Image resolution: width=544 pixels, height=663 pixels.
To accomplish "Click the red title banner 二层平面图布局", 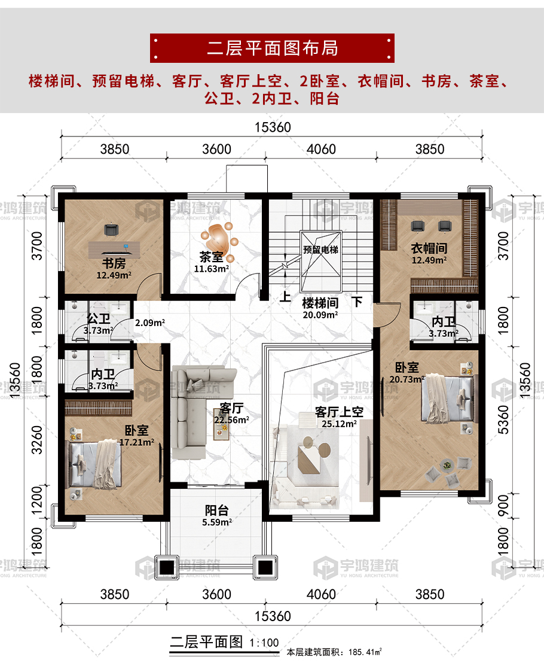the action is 272,48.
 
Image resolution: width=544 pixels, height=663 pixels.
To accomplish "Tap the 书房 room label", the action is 114,263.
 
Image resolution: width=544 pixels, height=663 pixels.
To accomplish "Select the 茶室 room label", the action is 211,257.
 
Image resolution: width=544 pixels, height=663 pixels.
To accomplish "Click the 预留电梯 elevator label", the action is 320,250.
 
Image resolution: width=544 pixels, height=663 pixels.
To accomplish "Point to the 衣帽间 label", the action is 429,248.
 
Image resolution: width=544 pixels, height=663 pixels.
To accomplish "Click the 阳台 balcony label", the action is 216,510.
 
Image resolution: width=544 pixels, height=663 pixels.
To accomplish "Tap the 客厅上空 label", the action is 339,412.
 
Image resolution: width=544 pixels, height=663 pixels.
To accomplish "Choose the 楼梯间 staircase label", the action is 320,303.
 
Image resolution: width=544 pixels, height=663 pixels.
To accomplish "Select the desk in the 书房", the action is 114,249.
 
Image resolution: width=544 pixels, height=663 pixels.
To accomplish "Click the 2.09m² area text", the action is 150,323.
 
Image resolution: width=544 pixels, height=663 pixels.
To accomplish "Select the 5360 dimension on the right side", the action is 504,420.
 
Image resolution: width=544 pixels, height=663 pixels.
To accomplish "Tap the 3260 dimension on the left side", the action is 37,440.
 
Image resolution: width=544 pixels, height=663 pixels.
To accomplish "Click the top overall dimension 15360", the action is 273,127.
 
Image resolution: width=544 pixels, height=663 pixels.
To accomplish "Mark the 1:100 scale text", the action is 264,643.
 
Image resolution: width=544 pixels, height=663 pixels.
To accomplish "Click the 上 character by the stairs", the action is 286,296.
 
